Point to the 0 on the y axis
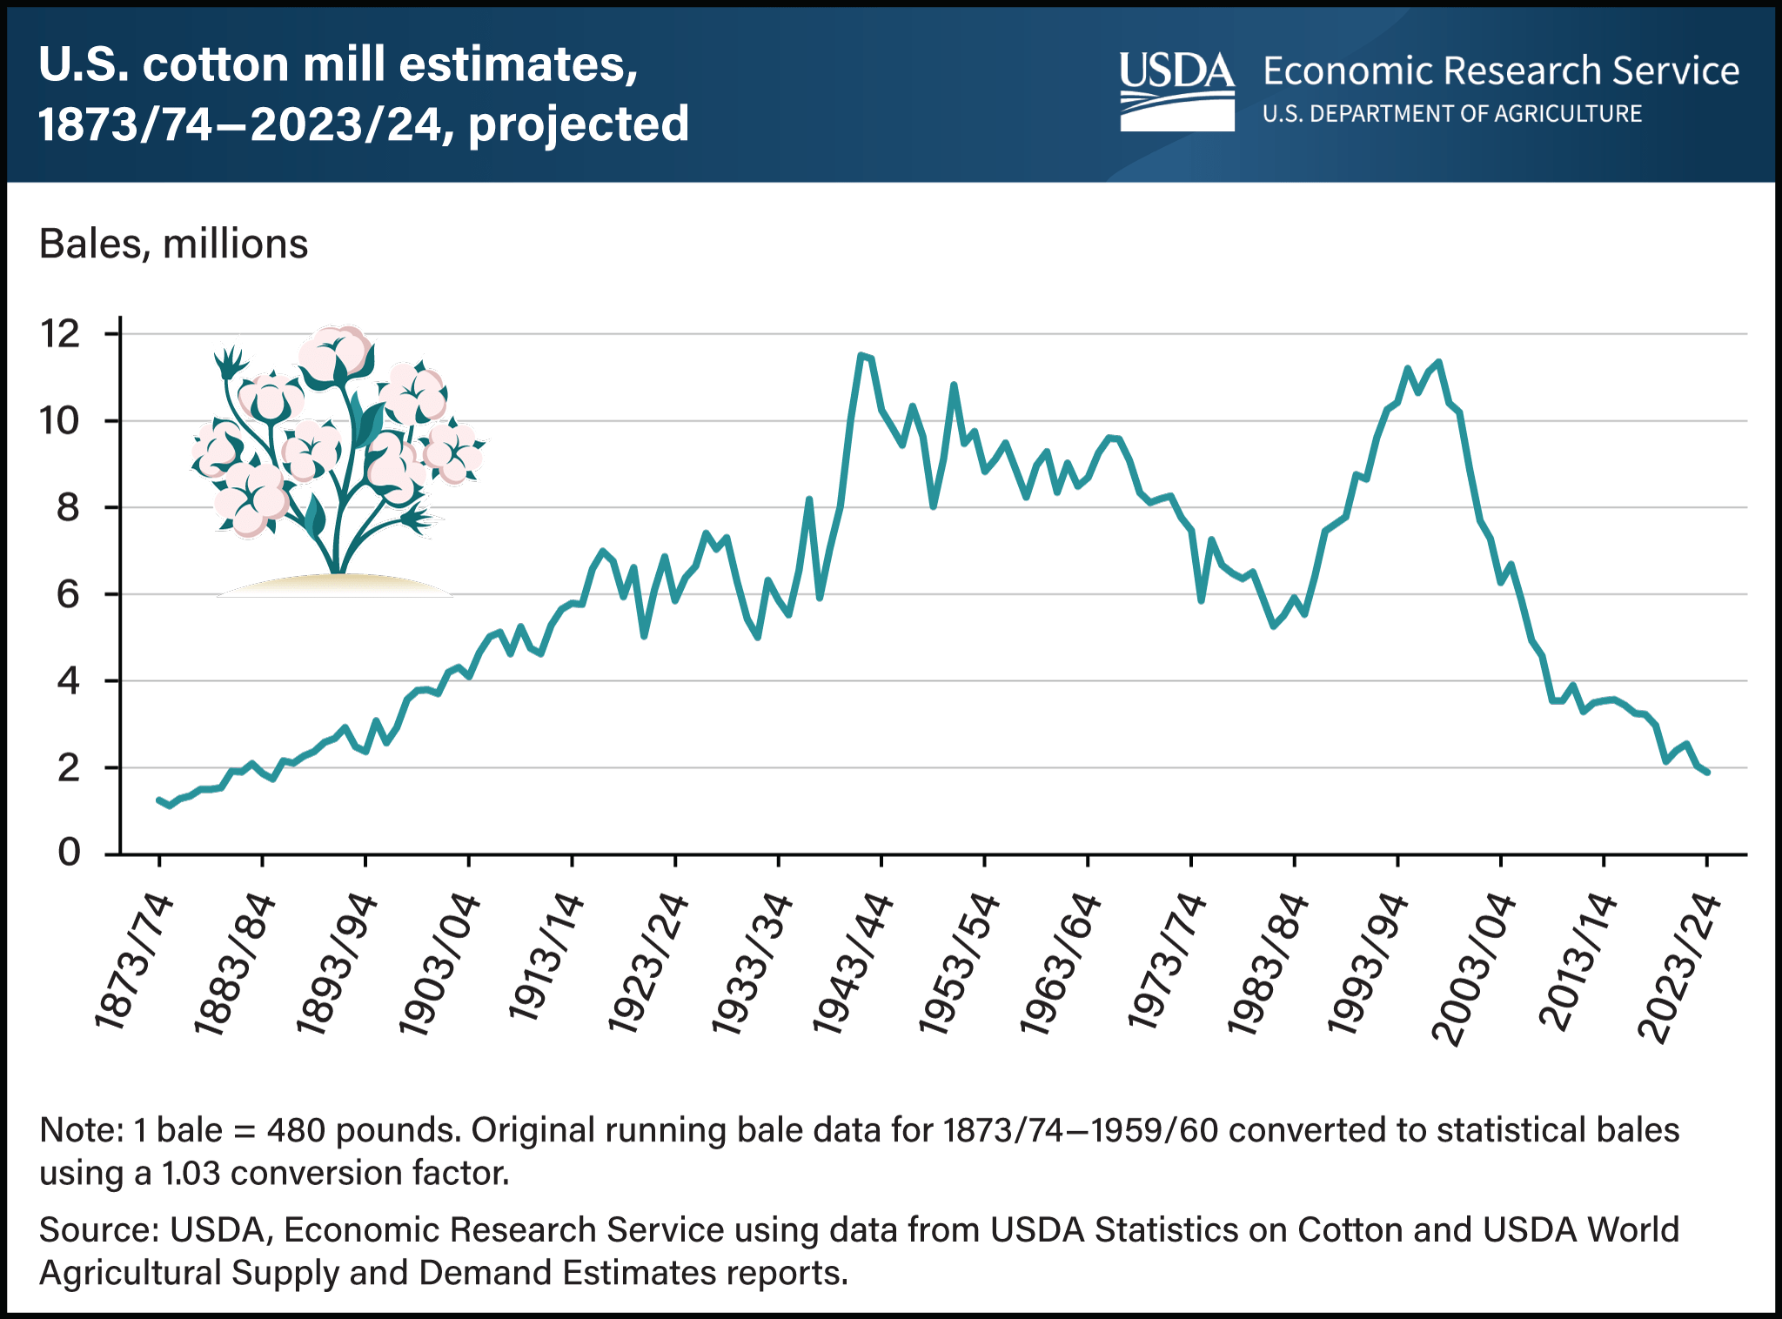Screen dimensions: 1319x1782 (69, 853)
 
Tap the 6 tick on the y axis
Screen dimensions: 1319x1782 (69, 594)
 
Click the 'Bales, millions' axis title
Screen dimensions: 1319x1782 (173, 244)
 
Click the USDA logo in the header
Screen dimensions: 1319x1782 (1176, 90)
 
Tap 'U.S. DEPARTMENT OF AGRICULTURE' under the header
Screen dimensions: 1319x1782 (1451, 114)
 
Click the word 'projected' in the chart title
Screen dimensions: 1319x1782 (579, 124)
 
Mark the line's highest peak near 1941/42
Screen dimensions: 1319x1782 (861, 354)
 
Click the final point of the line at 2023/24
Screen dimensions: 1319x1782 (1707, 772)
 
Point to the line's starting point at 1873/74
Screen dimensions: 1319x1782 (159, 799)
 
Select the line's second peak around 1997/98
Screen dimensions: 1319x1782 (1438, 362)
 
